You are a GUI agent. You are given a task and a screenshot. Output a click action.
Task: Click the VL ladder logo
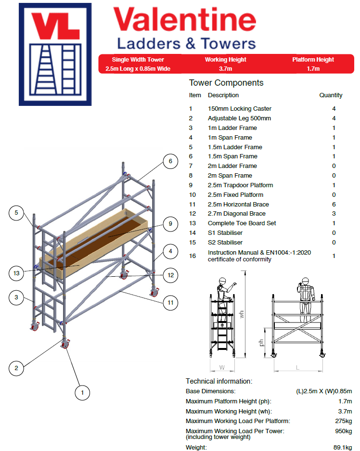tap(54, 54)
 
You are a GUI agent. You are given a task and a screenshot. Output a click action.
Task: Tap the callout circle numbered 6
tap(169, 161)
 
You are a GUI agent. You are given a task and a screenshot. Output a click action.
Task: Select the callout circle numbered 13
tap(16, 273)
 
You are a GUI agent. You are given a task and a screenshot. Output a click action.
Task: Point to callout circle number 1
tap(82, 392)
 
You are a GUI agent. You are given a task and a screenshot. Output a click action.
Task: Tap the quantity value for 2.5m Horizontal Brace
tap(334, 204)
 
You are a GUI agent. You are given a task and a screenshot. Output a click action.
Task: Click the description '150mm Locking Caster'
tap(240, 109)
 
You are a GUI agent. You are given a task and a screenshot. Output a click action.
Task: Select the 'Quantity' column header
tap(331, 95)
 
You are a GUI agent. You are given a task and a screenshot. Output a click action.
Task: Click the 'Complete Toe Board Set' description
tap(242, 223)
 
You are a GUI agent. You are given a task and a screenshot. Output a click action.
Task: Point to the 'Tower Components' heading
tap(226, 83)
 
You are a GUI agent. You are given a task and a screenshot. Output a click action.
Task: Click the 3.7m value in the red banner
tap(226, 69)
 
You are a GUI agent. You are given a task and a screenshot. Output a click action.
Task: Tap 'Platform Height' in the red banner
tap(313, 60)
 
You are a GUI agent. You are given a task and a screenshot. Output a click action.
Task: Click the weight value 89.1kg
tap(343, 448)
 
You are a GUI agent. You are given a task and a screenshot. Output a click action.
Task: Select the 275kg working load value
tap(344, 421)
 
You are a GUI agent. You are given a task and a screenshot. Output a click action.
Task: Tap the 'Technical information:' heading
tap(219, 381)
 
